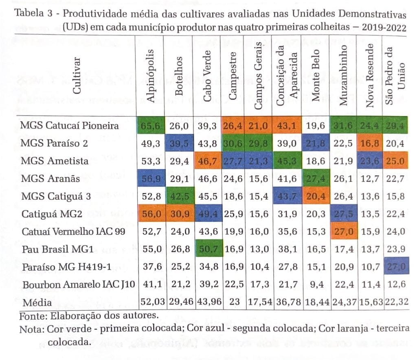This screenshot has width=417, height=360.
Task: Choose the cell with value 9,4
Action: click(316, 285)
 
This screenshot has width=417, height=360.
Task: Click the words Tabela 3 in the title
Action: click(34, 13)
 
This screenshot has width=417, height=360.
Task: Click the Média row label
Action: click(37, 303)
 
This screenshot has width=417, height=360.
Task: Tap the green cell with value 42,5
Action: click(179, 196)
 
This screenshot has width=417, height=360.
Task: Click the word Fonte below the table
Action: click(31, 316)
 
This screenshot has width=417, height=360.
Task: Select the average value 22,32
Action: click(395, 302)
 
